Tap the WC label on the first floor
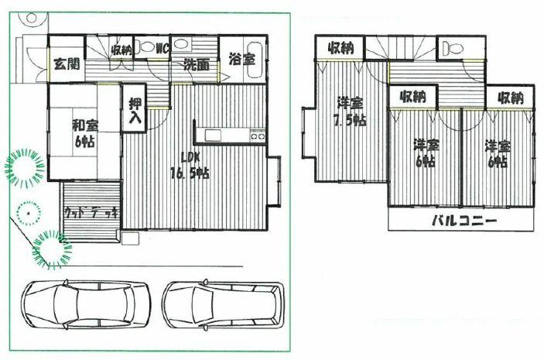163,48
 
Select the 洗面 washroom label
196,65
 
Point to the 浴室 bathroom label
243,59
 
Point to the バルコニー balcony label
464,221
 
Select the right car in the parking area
222,303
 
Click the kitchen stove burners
257,136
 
